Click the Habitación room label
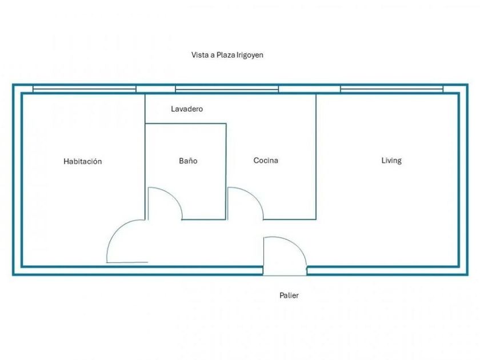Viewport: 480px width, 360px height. (x=82, y=162)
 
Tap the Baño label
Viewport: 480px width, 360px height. (x=188, y=161)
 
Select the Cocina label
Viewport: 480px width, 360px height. (x=266, y=161)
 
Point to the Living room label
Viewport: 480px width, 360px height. (x=391, y=161)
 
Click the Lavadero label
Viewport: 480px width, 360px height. (x=187, y=109)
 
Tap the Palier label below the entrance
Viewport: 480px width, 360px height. (x=289, y=295)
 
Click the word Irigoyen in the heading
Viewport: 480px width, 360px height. (x=249, y=55)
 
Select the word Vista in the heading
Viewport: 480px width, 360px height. (x=199, y=55)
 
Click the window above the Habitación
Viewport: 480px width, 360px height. (x=84, y=89)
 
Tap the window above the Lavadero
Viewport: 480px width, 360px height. (x=226, y=89)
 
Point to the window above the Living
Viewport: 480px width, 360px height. (x=391, y=89)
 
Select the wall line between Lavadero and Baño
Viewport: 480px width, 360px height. (x=186, y=123)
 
